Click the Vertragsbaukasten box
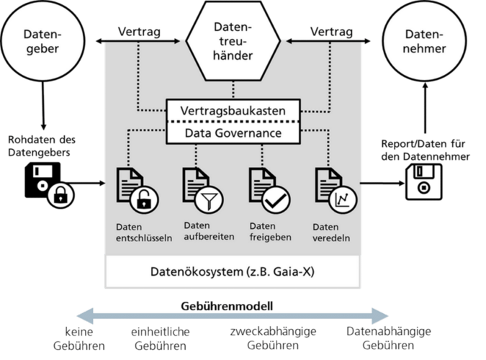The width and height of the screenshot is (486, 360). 233,112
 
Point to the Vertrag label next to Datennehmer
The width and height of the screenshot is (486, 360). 330,32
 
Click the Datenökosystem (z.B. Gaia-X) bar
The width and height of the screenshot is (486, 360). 233,273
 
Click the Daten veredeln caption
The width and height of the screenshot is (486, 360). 331,233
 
